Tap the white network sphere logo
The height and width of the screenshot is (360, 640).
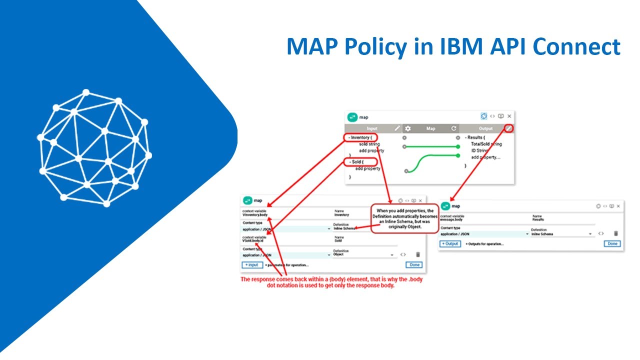(94, 148)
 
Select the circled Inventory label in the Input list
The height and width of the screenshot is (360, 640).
(360, 137)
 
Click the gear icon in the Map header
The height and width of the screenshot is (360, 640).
(407, 128)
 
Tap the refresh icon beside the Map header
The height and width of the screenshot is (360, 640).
(453, 128)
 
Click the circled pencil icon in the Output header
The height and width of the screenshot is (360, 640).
(508, 128)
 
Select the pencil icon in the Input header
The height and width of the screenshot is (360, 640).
(397, 128)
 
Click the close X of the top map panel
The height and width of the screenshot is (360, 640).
(509, 116)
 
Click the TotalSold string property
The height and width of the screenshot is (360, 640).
(486, 144)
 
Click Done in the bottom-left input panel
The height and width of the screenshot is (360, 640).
(414, 264)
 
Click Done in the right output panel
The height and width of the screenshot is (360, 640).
(611, 243)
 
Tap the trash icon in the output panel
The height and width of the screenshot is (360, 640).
(616, 233)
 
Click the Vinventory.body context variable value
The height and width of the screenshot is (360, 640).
(255, 215)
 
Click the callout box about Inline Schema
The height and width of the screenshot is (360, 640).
(404, 218)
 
